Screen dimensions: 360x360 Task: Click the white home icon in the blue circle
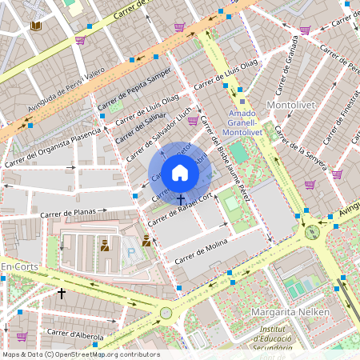point(180,173)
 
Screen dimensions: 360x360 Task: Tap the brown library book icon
point(36,26)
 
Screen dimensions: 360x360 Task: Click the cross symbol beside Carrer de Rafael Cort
point(181,198)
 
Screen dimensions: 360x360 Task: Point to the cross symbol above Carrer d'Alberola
point(62,294)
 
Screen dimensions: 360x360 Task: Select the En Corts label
point(18,266)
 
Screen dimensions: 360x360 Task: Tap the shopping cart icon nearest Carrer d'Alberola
point(22,337)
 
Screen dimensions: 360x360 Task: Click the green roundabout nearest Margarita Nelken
point(311,232)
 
